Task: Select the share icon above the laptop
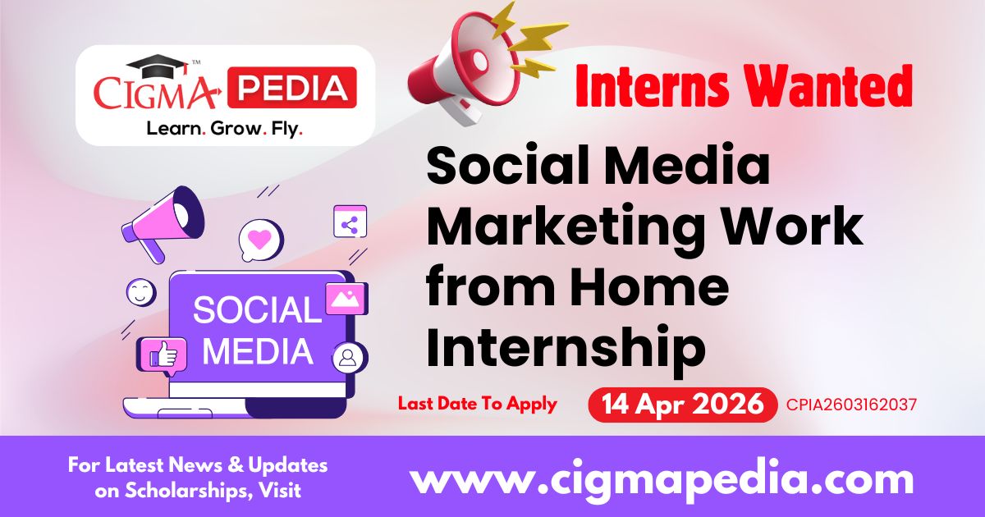[350, 222]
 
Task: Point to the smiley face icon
[140, 291]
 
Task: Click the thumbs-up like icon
[163, 354]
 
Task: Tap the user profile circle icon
[350, 358]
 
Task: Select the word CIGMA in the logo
[156, 92]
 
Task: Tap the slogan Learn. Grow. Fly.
[224, 129]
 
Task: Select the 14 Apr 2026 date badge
[682, 404]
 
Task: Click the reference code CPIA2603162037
[851, 405]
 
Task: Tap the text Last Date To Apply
[477, 404]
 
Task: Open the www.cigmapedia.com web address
[662, 478]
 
